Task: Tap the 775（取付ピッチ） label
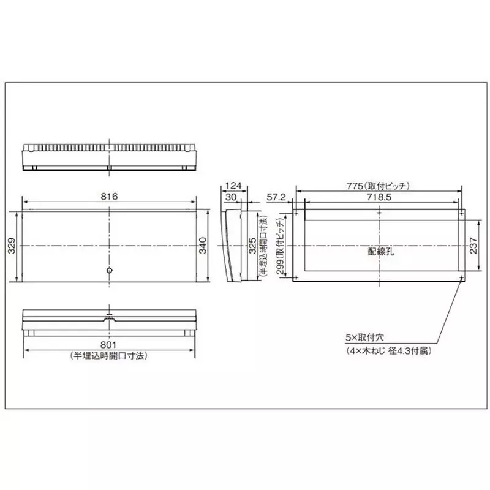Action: tap(379, 185)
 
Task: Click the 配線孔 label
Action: tap(379, 251)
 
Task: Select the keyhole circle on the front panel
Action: tap(109, 270)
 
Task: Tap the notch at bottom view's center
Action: tap(109, 318)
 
